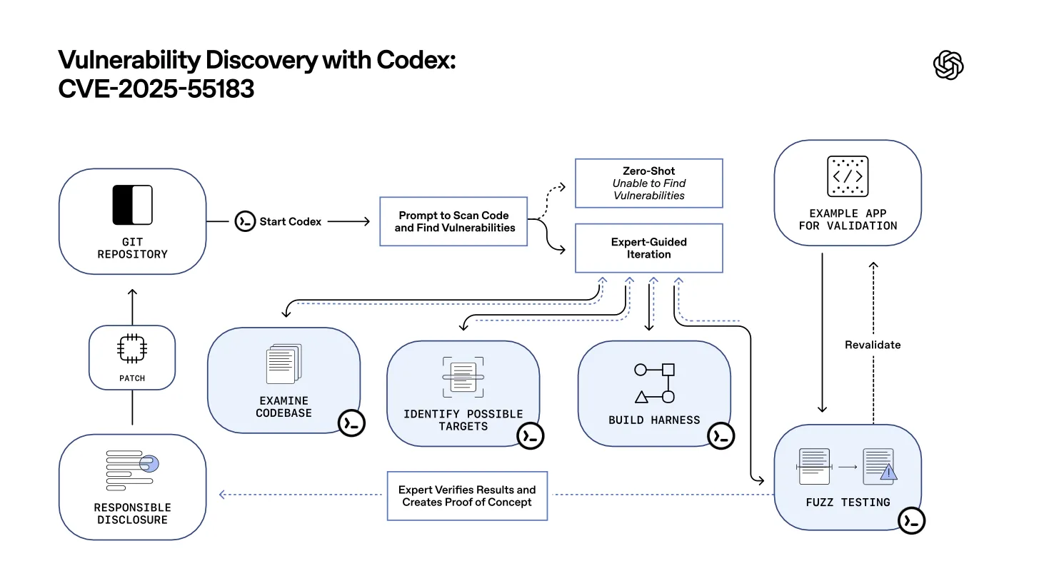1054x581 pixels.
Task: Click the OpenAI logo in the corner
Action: point(948,66)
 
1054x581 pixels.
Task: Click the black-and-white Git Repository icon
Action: point(133,205)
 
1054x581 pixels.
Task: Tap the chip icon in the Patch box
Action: point(132,349)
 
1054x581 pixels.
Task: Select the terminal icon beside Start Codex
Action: point(245,221)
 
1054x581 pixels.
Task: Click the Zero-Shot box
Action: point(648,183)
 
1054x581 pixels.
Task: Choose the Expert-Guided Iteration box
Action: point(648,248)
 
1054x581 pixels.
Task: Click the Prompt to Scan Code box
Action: point(453,221)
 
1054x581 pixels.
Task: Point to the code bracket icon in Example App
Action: point(848,176)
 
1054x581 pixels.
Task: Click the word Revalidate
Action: point(872,345)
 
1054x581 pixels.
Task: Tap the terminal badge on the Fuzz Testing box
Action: point(911,521)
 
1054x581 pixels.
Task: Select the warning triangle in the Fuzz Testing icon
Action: point(888,472)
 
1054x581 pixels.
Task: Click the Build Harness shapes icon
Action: point(654,383)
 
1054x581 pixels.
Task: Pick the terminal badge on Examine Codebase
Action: point(351,423)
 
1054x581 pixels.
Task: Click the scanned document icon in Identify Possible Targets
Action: point(463,377)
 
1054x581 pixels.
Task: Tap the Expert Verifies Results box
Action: point(467,495)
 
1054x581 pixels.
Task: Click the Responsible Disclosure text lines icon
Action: point(132,470)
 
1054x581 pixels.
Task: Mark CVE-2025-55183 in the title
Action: point(156,89)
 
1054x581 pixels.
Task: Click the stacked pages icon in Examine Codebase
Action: point(283,364)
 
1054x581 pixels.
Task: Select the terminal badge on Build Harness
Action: point(721,435)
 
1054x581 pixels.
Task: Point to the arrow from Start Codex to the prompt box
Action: point(348,221)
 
